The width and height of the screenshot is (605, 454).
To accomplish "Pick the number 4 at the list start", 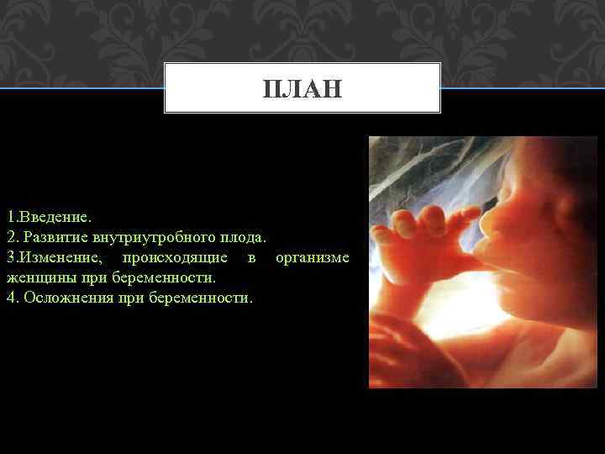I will pos(10,297).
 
